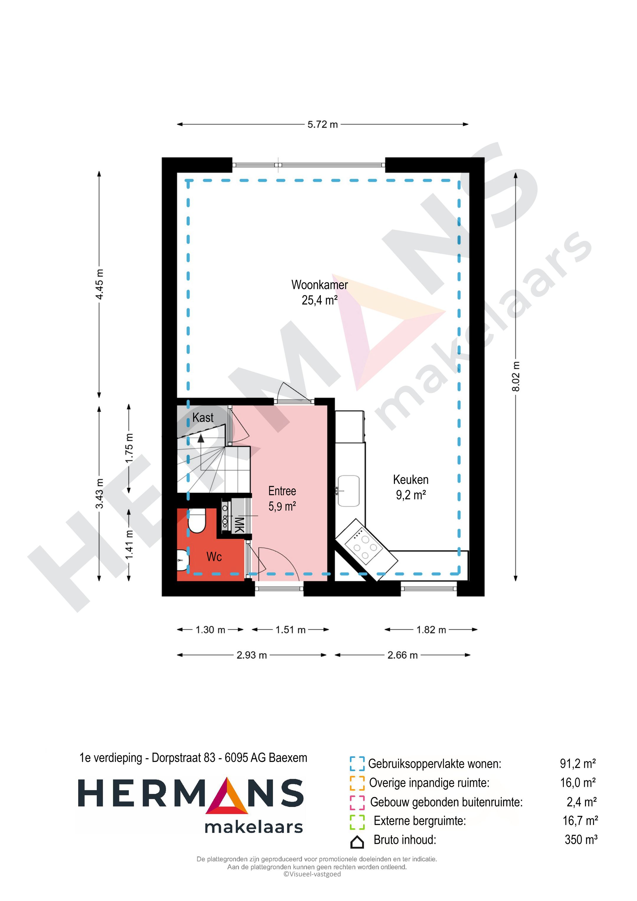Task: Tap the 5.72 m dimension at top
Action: (x=322, y=124)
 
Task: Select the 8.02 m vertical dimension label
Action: (x=516, y=376)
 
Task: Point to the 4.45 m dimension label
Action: (x=100, y=284)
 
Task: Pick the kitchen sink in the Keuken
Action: (x=348, y=491)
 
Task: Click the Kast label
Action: (x=203, y=417)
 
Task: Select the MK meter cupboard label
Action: (x=239, y=525)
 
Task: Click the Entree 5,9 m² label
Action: (x=282, y=498)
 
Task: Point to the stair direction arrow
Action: (x=201, y=438)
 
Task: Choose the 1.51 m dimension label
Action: (x=290, y=630)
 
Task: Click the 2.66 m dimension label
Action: (x=403, y=655)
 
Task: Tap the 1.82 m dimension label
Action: (x=431, y=630)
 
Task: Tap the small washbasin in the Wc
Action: (x=182, y=560)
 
